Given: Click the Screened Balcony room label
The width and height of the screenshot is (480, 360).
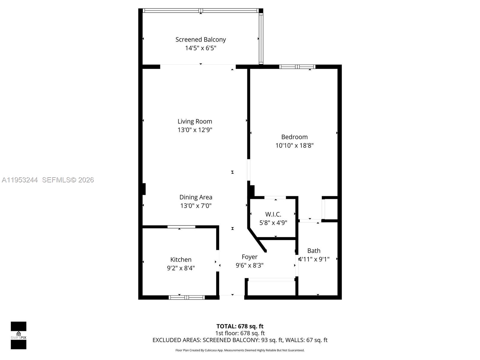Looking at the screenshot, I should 200,40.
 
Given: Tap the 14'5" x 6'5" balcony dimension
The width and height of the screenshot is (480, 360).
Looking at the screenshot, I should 200,48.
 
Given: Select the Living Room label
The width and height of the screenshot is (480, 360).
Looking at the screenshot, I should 195,121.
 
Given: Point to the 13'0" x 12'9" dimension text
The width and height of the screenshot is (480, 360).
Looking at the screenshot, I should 195,130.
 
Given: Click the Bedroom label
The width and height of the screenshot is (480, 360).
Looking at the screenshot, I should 294,137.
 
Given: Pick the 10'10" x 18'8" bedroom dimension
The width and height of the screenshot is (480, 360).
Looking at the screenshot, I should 294,145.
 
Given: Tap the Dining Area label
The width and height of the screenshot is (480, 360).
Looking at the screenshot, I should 196,197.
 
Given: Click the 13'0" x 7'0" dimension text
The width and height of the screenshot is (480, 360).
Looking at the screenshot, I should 196,206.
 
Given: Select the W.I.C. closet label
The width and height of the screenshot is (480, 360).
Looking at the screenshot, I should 273,214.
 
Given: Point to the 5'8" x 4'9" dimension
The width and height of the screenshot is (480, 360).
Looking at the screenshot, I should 273,223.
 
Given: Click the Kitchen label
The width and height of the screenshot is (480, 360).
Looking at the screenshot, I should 181,260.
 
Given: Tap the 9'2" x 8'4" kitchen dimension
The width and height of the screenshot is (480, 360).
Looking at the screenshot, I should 181,268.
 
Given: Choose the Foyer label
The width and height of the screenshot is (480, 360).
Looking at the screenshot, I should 249,257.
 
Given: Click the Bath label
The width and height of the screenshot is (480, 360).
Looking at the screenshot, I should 314,251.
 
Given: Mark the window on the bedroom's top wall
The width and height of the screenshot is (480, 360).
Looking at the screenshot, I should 297,67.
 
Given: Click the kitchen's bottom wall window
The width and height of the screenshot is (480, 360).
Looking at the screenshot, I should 187,297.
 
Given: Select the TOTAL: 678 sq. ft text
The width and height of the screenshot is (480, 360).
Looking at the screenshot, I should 240,326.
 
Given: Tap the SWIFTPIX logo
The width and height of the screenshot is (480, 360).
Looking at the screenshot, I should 19,335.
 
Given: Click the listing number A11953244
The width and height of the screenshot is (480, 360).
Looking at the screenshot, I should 20,180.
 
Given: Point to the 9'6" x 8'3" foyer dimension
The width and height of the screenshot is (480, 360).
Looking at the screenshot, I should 249,265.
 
